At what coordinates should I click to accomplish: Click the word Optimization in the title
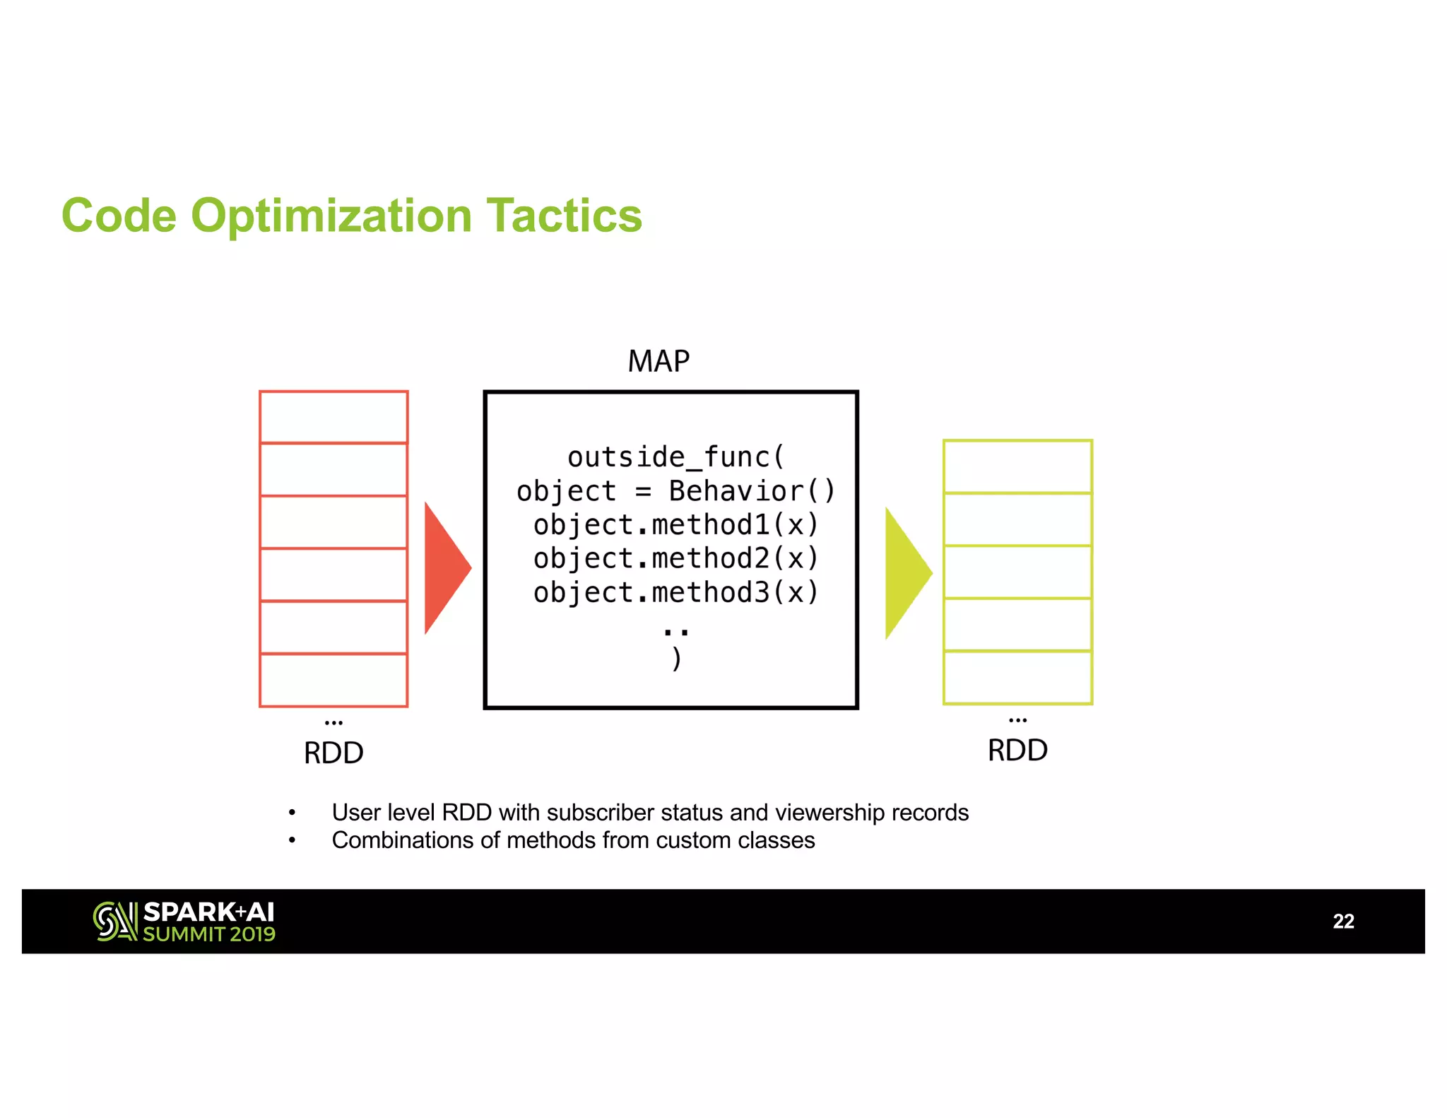pos(331,216)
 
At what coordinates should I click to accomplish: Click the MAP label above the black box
pos(658,361)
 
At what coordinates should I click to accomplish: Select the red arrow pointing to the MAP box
pos(444,567)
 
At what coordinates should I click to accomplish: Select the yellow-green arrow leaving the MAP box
pos(905,572)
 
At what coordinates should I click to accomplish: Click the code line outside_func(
pos(675,457)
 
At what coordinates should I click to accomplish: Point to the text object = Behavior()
pos(675,491)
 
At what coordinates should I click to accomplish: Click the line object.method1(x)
pos(675,525)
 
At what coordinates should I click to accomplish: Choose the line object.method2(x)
pos(675,558)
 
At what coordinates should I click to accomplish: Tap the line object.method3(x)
pos(675,592)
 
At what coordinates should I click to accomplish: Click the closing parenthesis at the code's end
pos(676,659)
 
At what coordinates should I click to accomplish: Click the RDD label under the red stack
pos(333,753)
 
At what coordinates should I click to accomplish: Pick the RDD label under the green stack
pos(1017,751)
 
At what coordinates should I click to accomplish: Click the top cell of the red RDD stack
pos(333,417)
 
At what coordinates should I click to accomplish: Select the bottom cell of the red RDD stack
pos(333,680)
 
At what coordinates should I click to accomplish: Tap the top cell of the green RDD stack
pos(1017,466)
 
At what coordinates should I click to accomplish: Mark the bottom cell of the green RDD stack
pos(1017,677)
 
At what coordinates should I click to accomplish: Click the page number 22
pos(1343,922)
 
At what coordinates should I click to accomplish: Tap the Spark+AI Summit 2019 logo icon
pos(115,922)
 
